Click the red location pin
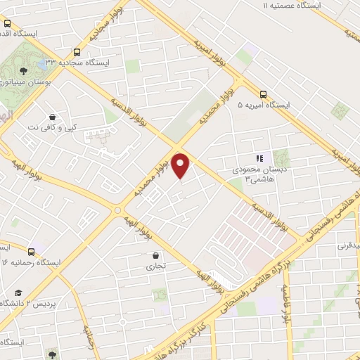tap(181, 166)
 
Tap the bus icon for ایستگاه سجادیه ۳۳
tap(76, 51)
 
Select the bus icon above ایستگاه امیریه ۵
tap(263, 94)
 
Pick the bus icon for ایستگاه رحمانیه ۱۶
tap(31, 251)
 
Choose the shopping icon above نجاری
tap(154, 256)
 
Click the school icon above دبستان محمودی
tap(259, 159)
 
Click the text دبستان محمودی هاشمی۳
tap(259, 174)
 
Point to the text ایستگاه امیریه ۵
tap(263, 105)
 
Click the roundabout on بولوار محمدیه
tap(117, 209)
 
